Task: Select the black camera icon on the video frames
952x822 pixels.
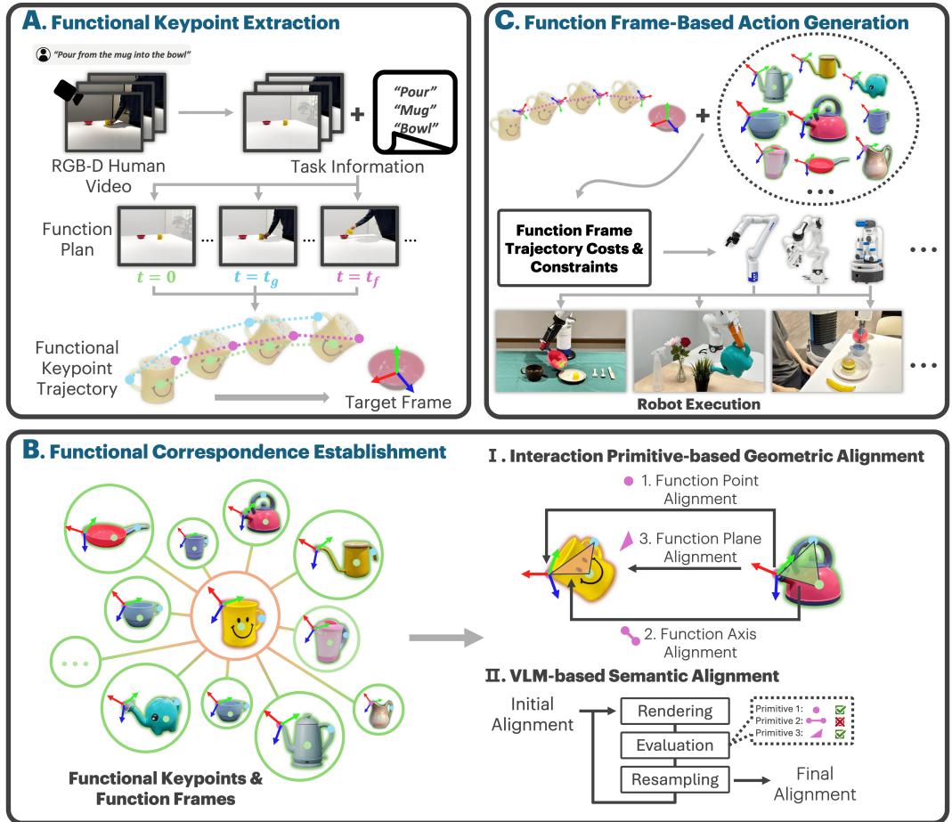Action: pos(69,90)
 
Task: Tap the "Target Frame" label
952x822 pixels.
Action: pos(398,403)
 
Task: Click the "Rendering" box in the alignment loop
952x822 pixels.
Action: pos(678,710)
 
